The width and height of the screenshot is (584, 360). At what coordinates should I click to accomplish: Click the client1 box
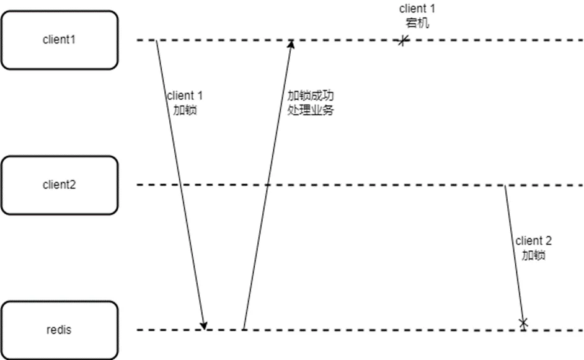[59, 40]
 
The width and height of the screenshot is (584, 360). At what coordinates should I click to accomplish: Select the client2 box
[59, 185]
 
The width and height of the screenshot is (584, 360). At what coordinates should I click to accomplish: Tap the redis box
[59, 330]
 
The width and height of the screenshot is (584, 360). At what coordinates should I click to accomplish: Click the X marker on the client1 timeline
[403, 41]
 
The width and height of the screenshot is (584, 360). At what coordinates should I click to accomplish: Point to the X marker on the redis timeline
[523, 322]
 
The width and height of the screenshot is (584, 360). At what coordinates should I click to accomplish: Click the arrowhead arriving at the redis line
[205, 326]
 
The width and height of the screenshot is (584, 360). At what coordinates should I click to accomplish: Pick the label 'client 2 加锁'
[533, 247]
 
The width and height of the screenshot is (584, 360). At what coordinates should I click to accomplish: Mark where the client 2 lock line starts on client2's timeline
[505, 185]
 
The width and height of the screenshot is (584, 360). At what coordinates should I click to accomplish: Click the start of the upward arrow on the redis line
[244, 329]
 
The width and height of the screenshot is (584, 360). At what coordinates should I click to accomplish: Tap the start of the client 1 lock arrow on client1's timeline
[156, 40]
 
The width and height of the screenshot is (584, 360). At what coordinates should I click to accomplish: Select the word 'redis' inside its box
[59, 330]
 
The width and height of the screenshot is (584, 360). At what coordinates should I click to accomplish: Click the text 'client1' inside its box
[59, 40]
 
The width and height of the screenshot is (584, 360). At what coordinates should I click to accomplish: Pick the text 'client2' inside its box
[59, 185]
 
